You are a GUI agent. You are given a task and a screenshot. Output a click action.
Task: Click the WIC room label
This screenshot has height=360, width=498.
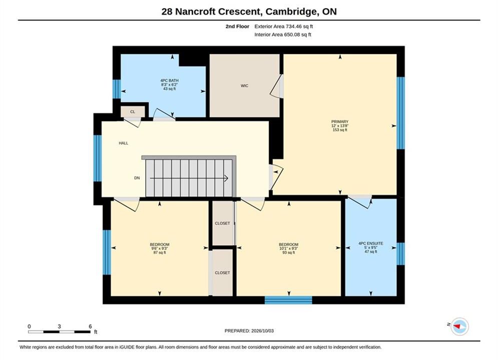(x=244, y=85)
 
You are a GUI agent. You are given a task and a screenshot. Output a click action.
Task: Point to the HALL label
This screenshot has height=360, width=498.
(x=124, y=143)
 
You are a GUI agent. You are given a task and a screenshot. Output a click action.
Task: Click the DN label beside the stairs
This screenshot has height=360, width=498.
(x=137, y=178)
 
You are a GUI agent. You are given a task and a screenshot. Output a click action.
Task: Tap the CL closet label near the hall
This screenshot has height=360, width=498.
(x=133, y=111)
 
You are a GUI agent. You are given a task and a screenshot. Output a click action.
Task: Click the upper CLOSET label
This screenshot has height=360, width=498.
(x=222, y=223)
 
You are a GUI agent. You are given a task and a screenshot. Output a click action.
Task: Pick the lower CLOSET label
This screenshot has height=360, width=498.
(x=222, y=273)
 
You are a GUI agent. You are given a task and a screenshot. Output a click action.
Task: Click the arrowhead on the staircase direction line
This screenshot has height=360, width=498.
(x=226, y=178)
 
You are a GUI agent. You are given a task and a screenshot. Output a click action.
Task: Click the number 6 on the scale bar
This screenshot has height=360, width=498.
(x=90, y=326)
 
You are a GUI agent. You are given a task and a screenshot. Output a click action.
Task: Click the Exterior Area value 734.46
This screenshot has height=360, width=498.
(x=294, y=26)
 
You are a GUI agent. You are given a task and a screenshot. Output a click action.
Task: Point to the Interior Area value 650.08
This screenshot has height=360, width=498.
(x=292, y=34)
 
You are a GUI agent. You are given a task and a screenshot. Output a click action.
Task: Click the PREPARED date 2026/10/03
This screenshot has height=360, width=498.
(x=262, y=331)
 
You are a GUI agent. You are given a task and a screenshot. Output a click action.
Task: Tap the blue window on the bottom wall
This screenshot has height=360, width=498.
(x=288, y=300)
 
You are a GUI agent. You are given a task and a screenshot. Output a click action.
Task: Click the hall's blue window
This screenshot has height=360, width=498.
(x=98, y=158)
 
